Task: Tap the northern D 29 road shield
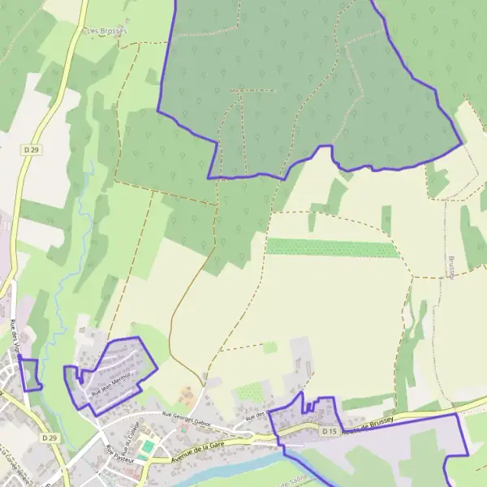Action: [x=32, y=150]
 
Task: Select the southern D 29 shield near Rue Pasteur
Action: [x=50, y=438]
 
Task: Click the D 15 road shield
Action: [x=328, y=432]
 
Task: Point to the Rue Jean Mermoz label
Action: [x=112, y=381]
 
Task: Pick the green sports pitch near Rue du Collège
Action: [x=146, y=447]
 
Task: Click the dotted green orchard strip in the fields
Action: [x=333, y=248]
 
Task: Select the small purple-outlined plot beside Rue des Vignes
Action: [x=30, y=374]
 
